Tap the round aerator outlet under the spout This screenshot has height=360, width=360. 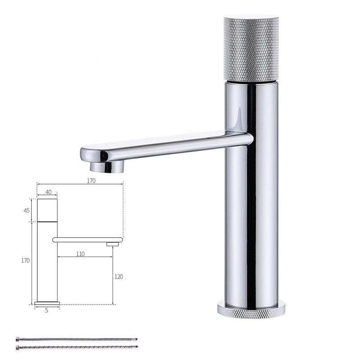[107, 167]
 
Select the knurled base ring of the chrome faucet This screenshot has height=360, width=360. [251, 310]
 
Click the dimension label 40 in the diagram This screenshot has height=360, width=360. [48, 192]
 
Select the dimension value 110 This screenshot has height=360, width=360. [80, 254]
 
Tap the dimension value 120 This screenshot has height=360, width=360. [118, 277]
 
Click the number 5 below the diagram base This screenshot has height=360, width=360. [46, 310]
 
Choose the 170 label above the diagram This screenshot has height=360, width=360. [91, 181]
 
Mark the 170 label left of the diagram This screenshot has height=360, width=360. [25, 261]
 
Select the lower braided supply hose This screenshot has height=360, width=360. [76, 347]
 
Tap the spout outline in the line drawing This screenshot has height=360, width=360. [88, 240]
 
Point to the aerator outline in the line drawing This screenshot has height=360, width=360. [112, 244]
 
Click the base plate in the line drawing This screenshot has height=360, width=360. [47, 304]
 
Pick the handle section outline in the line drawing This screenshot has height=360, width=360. [47, 210]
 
